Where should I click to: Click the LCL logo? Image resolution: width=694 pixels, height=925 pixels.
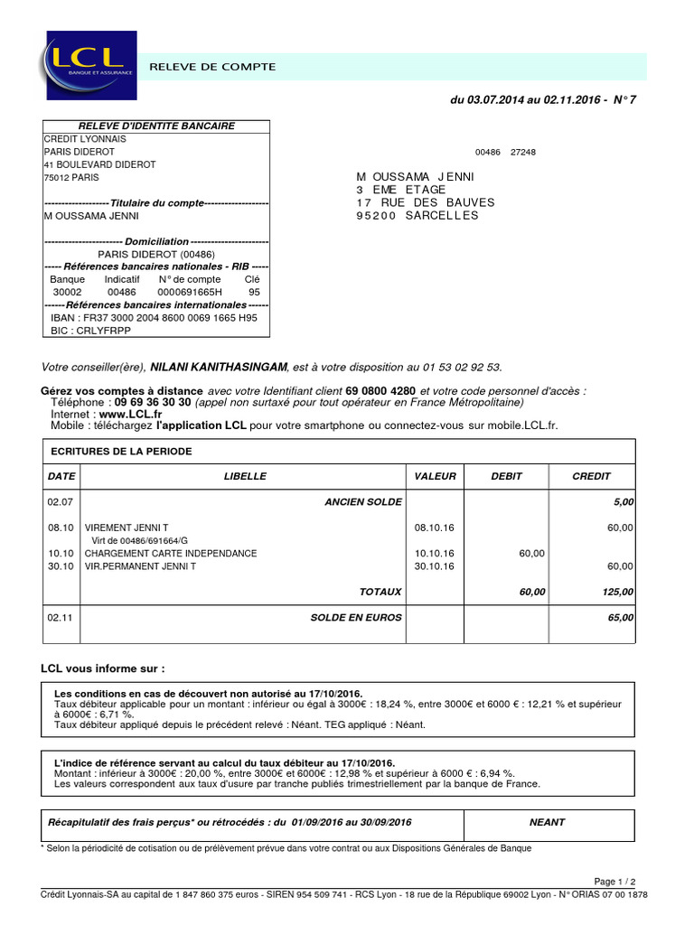pyautogui.click(x=89, y=65)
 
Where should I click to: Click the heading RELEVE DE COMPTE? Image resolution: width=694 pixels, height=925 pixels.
pyautogui.click(x=212, y=67)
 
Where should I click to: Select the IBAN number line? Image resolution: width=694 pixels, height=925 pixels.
pyautogui.click(x=155, y=318)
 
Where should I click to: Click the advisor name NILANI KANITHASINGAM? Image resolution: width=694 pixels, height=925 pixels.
pyautogui.click(x=218, y=367)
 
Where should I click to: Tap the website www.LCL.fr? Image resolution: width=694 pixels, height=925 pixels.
pyautogui.click(x=118, y=414)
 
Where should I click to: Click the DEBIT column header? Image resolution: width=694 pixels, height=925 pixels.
pyautogui.click(x=507, y=476)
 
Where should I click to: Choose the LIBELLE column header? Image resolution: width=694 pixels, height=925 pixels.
pyautogui.click(x=245, y=476)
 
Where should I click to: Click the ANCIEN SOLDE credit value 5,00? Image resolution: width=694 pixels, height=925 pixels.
pyautogui.click(x=624, y=501)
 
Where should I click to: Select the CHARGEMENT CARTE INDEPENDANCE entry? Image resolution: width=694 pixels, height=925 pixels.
pyautogui.click(x=171, y=553)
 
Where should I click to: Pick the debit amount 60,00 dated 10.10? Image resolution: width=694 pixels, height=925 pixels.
pyautogui.click(x=531, y=553)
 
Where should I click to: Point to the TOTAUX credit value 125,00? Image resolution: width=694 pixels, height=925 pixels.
pyautogui.click(x=619, y=592)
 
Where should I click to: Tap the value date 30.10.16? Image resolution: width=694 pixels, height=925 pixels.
pyautogui.click(x=435, y=566)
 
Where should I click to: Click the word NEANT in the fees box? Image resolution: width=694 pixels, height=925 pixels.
pyautogui.click(x=548, y=822)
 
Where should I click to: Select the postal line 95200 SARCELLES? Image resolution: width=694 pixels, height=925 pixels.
pyautogui.click(x=417, y=216)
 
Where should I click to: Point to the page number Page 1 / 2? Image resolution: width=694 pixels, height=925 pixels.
pyautogui.click(x=614, y=882)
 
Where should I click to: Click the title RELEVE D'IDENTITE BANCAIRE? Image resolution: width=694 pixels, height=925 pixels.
pyautogui.click(x=156, y=126)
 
